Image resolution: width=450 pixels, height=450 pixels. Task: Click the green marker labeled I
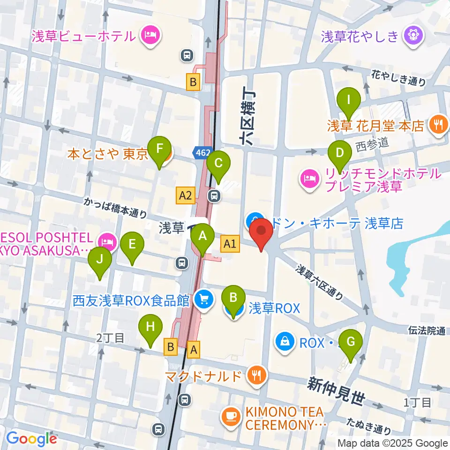click(348, 100)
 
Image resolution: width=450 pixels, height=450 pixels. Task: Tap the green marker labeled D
click(339, 152)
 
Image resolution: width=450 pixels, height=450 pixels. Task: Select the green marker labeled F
click(160, 150)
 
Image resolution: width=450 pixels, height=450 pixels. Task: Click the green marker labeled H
click(150, 327)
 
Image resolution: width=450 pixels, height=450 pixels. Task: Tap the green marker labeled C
click(218, 164)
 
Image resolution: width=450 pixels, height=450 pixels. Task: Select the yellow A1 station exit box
click(230, 243)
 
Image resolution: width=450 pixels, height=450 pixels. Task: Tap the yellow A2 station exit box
click(186, 195)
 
